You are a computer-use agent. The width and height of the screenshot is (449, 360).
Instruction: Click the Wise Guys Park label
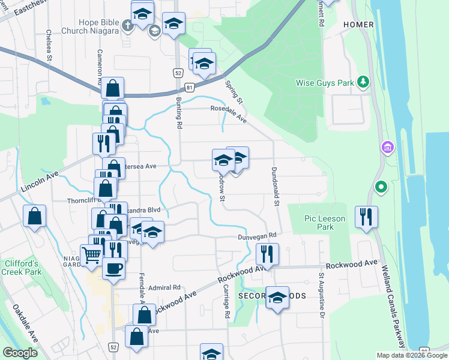(x=325, y=83)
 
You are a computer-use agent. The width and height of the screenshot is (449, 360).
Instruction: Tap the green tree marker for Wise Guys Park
(x=363, y=81)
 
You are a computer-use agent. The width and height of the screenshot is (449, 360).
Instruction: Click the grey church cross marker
(x=127, y=26)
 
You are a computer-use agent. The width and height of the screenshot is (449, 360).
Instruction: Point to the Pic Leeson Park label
(x=325, y=223)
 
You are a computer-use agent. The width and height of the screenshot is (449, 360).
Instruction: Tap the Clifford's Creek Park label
(x=22, y=268)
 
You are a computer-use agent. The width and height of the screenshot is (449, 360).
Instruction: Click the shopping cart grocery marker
(x=92, y=255)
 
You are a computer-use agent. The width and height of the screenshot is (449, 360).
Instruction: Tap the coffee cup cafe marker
(x=113, y=268)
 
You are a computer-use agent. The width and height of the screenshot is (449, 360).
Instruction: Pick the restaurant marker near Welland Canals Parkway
(x=366, y=217)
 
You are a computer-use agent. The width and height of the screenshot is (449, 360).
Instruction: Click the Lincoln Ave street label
(x=40, y=181)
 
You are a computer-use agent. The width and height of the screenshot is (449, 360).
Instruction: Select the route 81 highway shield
(x=190, y=88)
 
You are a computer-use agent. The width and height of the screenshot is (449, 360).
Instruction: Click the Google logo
(x=20, y=353)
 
